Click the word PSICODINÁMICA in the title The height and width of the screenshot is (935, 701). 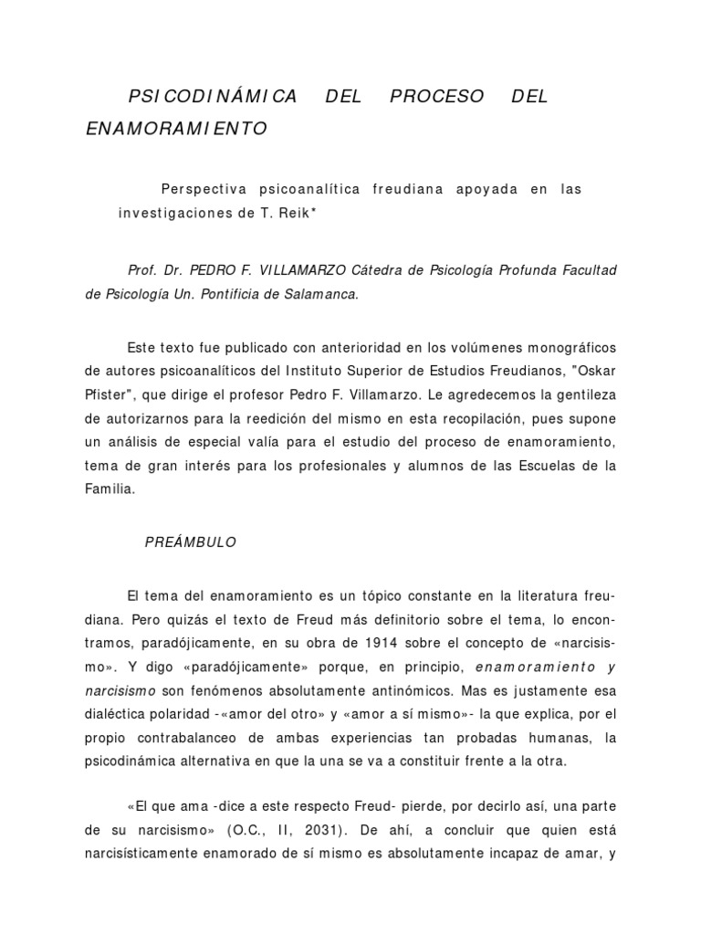[x=213, y=97]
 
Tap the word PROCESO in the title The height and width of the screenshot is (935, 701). [x=437, y=97]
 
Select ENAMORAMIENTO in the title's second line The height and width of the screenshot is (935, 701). [x=176, y=130]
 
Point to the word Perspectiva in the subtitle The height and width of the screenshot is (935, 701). [x=206, y=189]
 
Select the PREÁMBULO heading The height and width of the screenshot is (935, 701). [x=191, y=542]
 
